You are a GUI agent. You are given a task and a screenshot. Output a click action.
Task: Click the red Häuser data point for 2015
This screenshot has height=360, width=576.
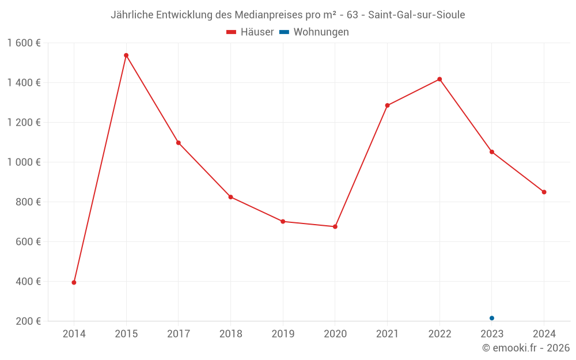click(126, 55)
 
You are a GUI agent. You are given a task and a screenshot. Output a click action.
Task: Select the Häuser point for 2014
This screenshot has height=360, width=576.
click(74, 282)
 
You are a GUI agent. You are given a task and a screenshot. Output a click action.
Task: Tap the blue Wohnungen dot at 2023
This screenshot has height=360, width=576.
click(492, 318)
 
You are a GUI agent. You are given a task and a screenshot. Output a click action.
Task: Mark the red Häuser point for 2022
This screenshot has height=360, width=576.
click(439, 79)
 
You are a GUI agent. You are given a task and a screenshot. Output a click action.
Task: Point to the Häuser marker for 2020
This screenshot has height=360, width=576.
click(335, 226)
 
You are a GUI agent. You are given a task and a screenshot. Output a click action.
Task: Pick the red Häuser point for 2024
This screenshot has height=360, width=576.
click(544, 192)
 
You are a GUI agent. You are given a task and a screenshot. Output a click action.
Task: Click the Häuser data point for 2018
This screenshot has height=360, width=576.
click(230, 197)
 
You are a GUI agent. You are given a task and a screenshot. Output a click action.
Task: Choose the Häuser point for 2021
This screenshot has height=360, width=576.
click(387, 105)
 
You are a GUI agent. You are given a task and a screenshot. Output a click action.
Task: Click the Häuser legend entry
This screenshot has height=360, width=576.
click(250, 32)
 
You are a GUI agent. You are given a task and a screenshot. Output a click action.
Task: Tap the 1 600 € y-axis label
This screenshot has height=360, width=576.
click(24, 43)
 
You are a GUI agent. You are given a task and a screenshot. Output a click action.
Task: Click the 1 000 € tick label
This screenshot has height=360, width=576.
click(24, 162)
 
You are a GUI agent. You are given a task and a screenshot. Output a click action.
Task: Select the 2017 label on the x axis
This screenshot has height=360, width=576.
click(178, 334)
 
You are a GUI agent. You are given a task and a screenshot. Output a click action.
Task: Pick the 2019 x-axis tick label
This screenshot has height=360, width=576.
click(283, 334)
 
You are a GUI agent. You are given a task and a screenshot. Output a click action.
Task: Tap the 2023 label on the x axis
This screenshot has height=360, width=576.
click(492, 334)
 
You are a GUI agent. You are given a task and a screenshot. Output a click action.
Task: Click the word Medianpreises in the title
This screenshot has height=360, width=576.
click(267, 15)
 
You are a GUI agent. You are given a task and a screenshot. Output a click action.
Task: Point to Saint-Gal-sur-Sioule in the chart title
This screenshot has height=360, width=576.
click(417, 15)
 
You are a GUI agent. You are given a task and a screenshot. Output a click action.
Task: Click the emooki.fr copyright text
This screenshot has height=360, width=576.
click(526, 348)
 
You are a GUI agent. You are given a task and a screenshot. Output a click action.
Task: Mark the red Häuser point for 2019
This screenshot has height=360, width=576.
click(283, 221)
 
